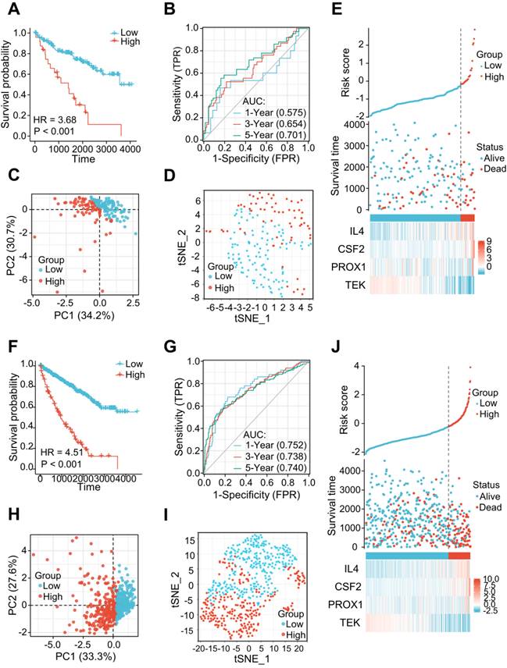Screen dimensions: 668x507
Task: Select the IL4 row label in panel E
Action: [354, 230]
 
